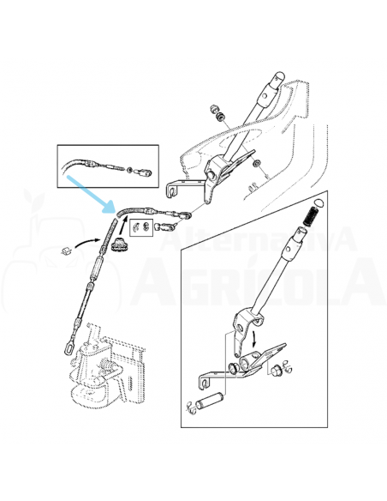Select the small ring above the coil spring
[315, 202]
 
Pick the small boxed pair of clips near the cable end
[142, 226]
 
